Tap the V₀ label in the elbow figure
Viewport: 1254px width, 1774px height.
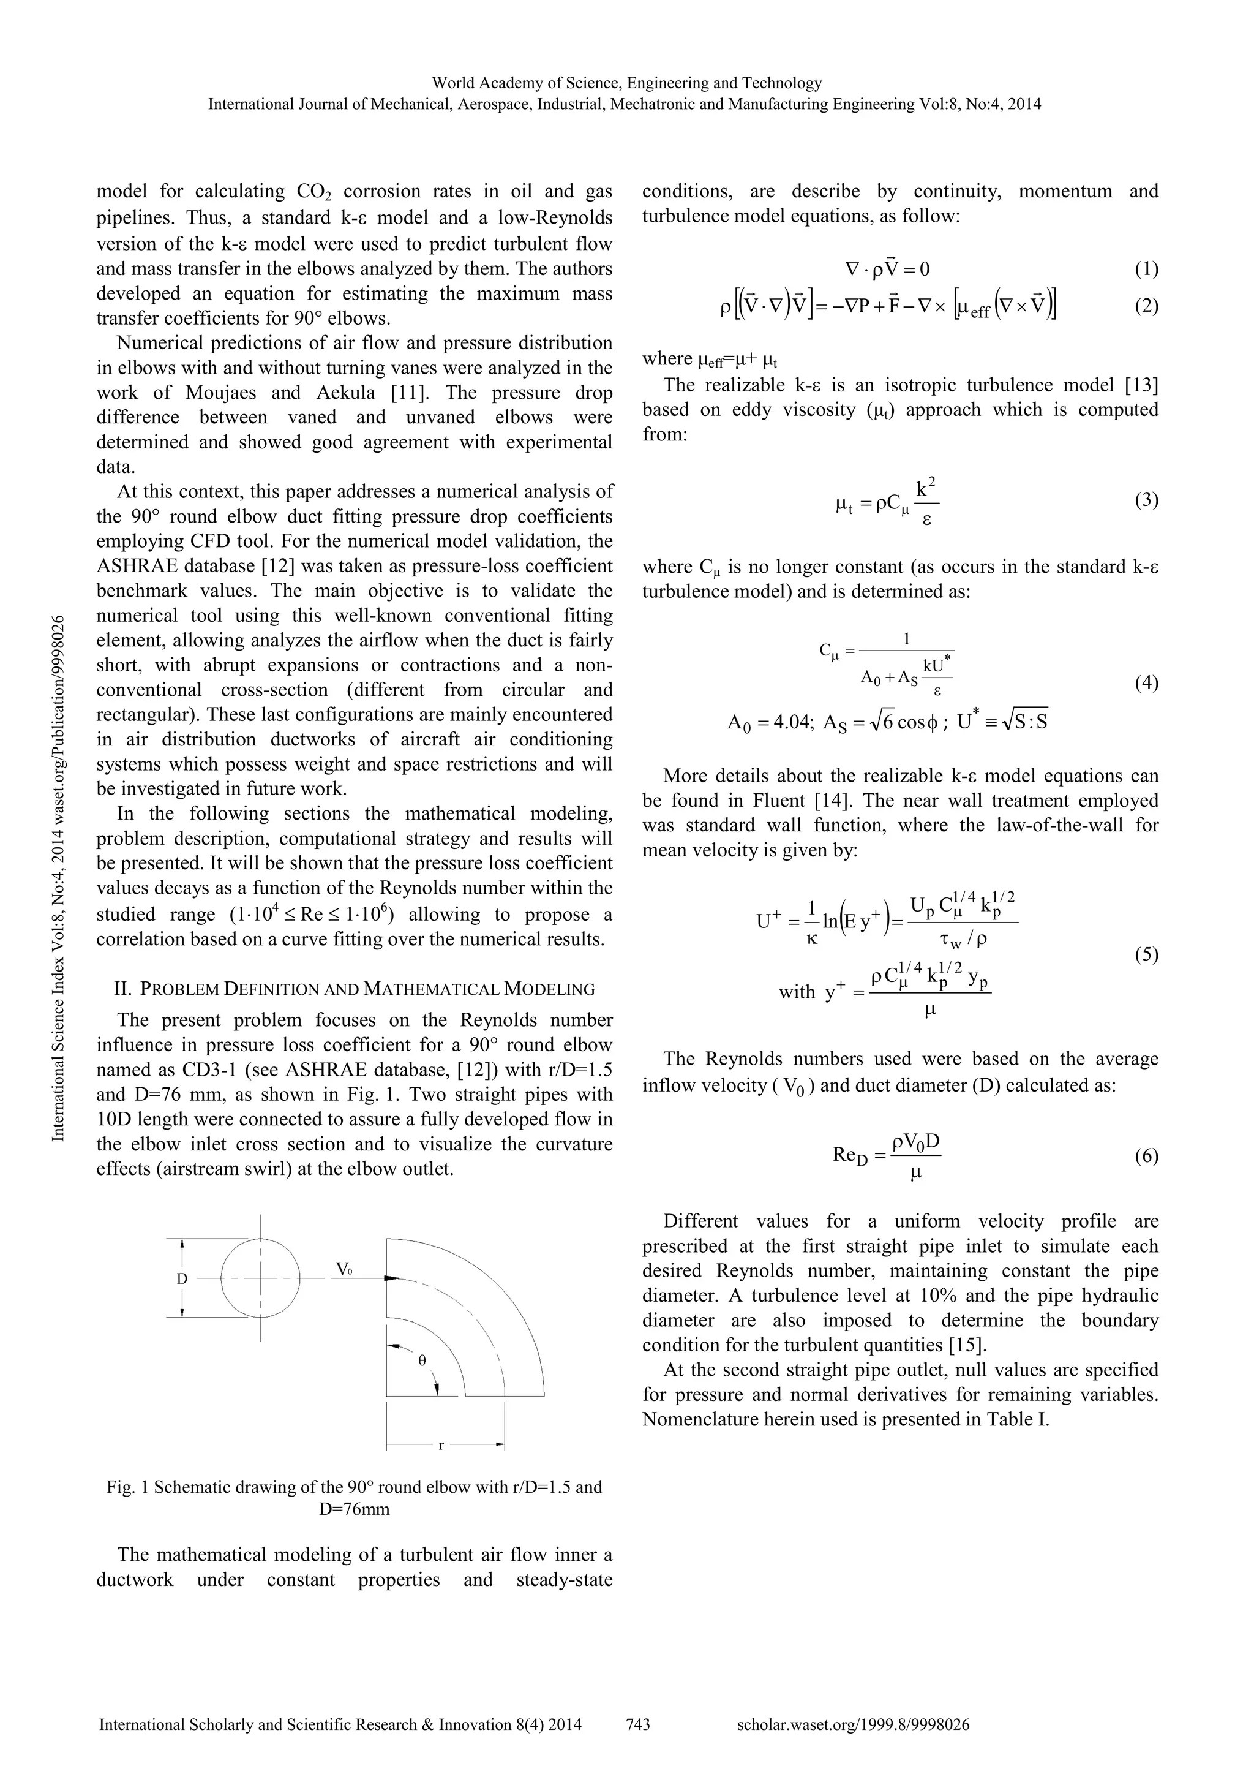click(344, 1268)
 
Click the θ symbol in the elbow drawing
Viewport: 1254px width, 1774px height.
click(422, 1361)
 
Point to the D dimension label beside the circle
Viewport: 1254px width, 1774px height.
click(182, 1278)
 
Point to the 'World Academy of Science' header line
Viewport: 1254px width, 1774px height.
click(626, 83)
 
